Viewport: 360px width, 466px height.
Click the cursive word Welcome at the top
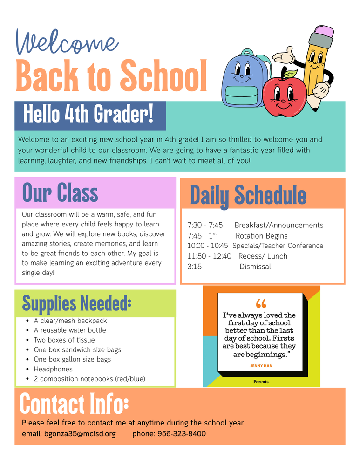(67, 42)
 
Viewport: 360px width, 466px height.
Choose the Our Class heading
(60, 192)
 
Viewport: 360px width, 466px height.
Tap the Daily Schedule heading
(248, 195)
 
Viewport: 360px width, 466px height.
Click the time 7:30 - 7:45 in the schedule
(205, 226)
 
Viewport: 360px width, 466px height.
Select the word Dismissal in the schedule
(255, 267)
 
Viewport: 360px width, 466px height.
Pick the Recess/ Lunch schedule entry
(263, 256)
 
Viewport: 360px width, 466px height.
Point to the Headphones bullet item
(53, 369)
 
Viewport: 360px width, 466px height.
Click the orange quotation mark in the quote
(261, 304)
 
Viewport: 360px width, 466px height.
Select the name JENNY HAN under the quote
(261, 366)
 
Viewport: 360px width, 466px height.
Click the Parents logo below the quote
(261, 382)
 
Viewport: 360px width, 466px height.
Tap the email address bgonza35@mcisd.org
(80, 434)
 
